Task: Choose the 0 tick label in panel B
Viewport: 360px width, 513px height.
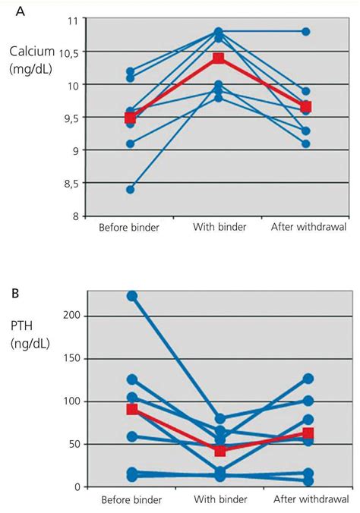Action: pyautogui.click(x=76, y=487)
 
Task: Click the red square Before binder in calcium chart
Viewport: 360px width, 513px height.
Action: pyautogui.click(x=130, y=118)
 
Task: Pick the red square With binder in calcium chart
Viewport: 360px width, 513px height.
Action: pyautogui.click(x=219, y=58)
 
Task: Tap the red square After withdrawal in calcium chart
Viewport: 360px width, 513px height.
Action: pyautogui.click(x=305, y=107)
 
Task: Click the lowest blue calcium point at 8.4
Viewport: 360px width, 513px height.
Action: pyautogui.click(x=130, y=190)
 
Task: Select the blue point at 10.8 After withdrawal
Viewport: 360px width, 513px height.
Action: pyautogui.click(x=305, y=32)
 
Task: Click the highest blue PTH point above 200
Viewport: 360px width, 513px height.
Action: pyautogui.click(x=132, y=296)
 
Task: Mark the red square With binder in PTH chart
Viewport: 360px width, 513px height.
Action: pyautogui.click(x=220, y=451)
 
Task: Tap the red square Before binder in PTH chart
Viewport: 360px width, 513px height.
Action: pyautogui.click(x=132, y=409)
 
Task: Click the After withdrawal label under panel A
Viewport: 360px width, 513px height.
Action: pyautogui.click(x=307, y=228)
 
